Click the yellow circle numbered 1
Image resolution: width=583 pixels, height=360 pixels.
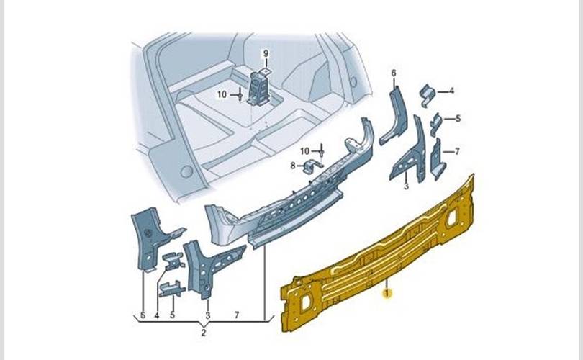click(388, 293)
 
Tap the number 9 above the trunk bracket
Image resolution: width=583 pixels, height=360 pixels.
click(264, 54)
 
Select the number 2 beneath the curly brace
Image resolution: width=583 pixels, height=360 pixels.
click(203, 332)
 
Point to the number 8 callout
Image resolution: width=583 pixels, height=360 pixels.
click(293, 166)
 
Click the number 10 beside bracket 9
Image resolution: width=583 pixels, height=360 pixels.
click(222, 94)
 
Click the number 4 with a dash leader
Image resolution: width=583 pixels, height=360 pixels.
click(451, 91)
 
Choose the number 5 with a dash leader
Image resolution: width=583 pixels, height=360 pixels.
click(457, 119)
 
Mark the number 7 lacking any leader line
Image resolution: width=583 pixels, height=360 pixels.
click(237, 315)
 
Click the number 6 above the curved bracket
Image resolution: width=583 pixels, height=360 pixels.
click(394, 73)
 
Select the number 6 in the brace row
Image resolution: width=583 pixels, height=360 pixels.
click(143, 315)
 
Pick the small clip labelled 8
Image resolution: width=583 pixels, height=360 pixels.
click(311, 167)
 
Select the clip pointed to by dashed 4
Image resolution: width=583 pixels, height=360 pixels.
click(427, 92)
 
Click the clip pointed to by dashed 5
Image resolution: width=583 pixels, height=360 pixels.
click(435, 122)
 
